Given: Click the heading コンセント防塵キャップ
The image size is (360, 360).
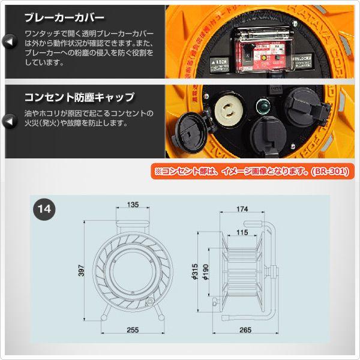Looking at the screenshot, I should point(79,97).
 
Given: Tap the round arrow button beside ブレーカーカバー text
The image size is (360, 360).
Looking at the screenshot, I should point(10,41).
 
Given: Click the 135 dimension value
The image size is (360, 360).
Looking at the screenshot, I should point(133,205).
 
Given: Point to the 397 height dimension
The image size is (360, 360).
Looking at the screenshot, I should point(81,271).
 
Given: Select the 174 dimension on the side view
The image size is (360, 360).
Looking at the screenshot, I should point(242,209).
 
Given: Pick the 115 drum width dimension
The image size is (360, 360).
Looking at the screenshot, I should point(242,232).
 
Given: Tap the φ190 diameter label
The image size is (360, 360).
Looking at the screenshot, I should point(205,272).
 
